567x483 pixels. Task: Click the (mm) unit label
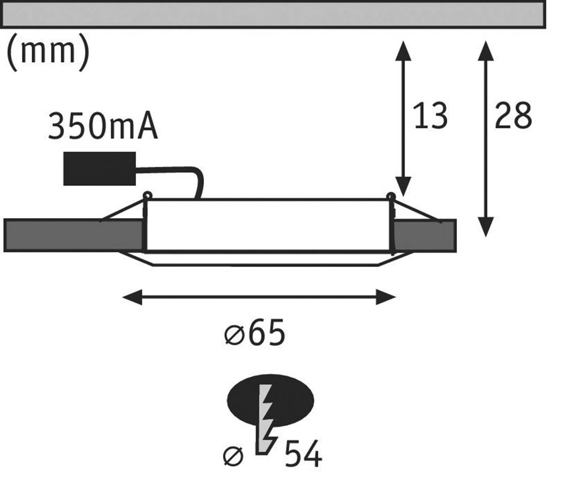coord(48,53)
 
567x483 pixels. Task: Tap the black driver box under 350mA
coord(99,169)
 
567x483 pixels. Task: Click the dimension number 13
coord(430,116)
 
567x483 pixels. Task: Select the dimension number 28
coord(513,116)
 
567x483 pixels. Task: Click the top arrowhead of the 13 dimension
coord(403,50)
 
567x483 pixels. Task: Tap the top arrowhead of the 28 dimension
coord(485,50)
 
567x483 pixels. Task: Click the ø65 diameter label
coord(254,333)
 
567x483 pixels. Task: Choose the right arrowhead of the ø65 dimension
coord(386,297)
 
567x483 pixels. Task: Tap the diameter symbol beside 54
coord(233,456)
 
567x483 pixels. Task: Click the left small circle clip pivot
coord(147,195)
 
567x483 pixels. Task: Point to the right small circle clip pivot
coord(391,196)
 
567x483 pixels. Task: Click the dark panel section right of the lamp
coord(424,235)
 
